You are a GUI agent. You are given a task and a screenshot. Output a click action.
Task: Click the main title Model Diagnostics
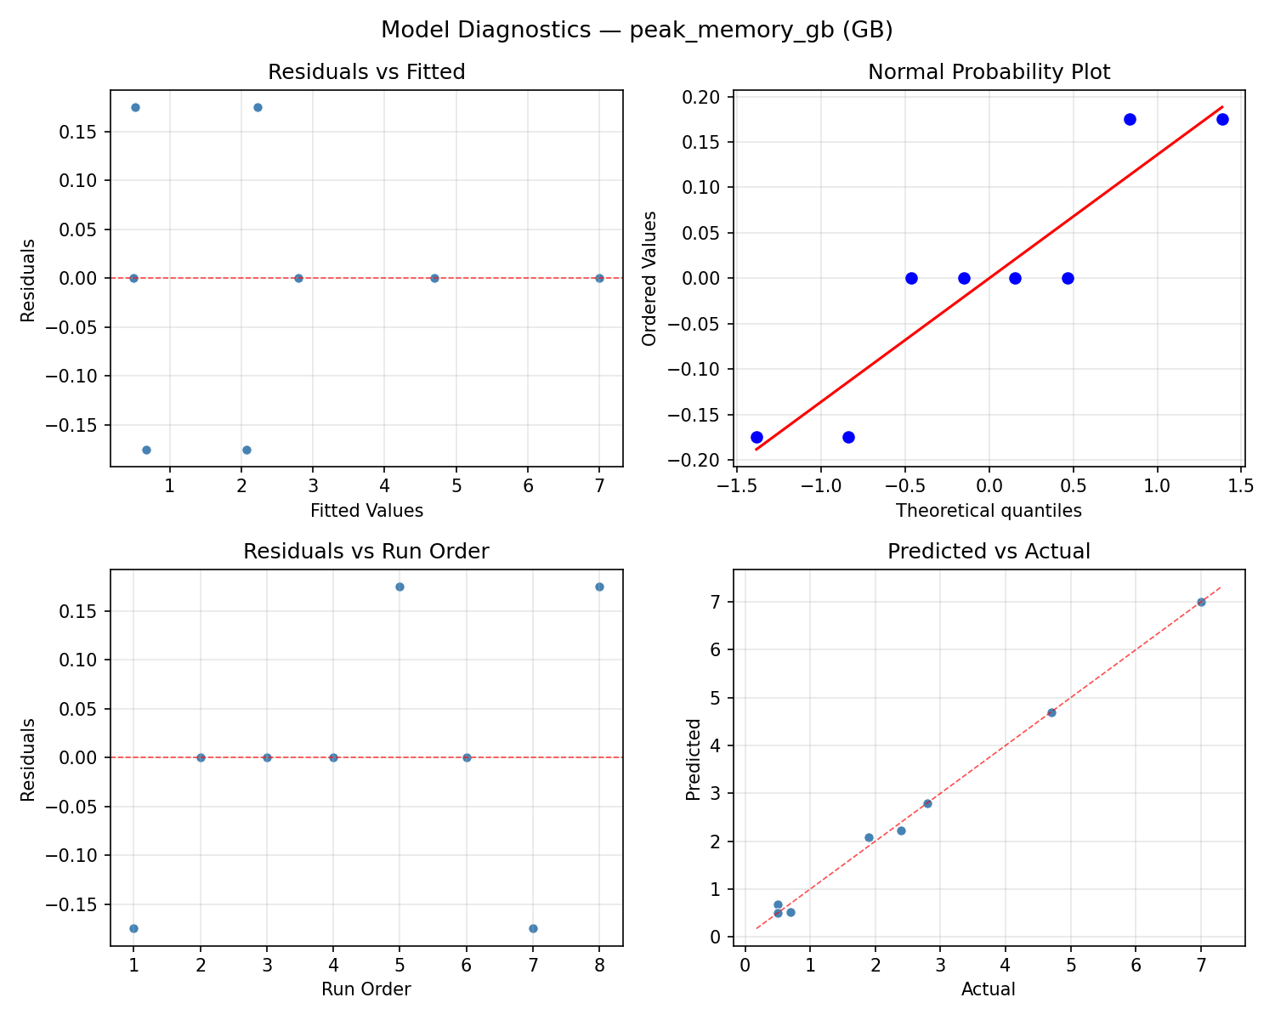pyautogui.click(x=637, y=30)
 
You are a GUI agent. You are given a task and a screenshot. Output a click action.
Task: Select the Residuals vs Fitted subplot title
pyautogui.click(x=366, y=72)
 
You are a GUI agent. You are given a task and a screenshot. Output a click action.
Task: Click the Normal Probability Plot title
pyautogui.click(x=989, y=72)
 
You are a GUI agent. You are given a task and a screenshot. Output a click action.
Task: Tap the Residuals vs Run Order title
pyautogui.click(x=366, y=552)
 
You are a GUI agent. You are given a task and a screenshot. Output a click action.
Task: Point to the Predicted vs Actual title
pyautogui.click(x=989, y=552)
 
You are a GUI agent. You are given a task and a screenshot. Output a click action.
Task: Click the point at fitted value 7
pyautogui.click(x=599, y=278)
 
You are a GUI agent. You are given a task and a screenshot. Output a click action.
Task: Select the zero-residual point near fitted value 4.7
pyautogui.click(x=434, y=278)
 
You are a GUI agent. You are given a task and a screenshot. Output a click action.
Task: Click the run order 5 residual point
pyautogui.click(x=399, y=586)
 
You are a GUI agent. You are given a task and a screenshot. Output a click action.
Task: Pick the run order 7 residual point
pyautogui.click(x=533, y=928)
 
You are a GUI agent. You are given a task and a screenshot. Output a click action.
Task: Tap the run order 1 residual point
pyautogui.click(x=133, y=928)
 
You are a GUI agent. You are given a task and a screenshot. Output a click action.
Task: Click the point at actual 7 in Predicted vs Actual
pyautogui.click(x=1201, y=602)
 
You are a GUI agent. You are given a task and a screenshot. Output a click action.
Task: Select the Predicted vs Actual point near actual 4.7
pyautogui.click(x=1051, y=712)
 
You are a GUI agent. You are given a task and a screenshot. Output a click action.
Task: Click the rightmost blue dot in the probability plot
pyautogui.click(x=1222, y=119)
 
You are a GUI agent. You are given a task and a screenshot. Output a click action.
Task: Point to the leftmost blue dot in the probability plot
pyautogui.click(x=756, y=437)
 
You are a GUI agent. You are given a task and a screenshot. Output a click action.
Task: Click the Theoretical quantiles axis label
pyautogui.click(x=989, y=511)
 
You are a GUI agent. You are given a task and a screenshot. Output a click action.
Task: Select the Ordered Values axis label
pyautogui.click(x=650, y=278)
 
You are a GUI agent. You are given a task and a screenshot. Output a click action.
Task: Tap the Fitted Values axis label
pyautogui.click(x=366, y=511)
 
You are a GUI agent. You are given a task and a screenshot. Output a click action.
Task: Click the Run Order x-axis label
pyautogui.click(x=366, y=989)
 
